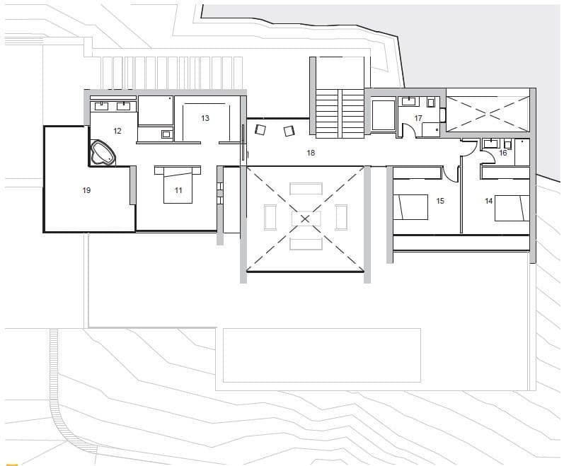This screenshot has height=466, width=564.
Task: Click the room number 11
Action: coord(178,190)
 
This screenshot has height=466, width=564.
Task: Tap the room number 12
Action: coord(117,131)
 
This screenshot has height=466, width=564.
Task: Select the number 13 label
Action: coord(205,118)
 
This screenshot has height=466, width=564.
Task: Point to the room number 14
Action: coord(488,201)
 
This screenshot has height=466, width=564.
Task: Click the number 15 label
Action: coord(440,201)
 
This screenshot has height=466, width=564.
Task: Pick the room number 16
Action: coord(503,153)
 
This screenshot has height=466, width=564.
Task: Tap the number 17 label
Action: coord(418,118)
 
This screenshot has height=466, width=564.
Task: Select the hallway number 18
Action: coord(310,153)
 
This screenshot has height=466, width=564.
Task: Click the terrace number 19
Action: coord(86,190)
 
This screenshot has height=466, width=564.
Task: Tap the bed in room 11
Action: coord(178,185)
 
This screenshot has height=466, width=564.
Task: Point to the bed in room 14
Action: coord(511,207)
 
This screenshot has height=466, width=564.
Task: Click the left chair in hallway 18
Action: coord(260,129)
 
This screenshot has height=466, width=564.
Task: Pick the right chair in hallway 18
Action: coord(288,131)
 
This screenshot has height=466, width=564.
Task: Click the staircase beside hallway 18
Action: coord(339,113)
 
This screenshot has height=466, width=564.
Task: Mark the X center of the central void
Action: coord(305,219)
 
